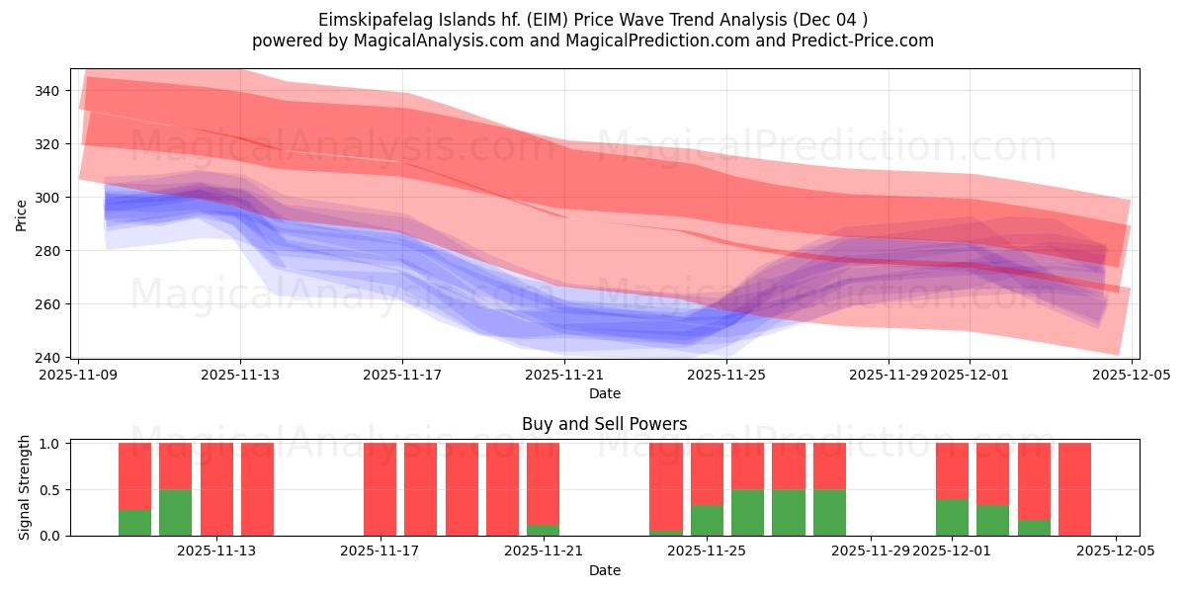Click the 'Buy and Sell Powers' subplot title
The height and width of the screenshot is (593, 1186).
[x=604, y=424]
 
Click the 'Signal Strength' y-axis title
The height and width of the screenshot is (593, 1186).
[x=25, y=487]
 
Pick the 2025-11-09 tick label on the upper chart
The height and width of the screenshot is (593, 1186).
[x=78, y=376]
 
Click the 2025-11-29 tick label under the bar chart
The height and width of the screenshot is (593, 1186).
[x=871, y=551]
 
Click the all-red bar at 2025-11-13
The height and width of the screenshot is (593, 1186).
[x=216, y=489]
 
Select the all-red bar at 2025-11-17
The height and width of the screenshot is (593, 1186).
[x=380, y=489]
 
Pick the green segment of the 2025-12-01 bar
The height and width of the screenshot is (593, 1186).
[x=952, y=518]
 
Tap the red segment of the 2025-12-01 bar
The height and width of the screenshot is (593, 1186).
[x=952, y=470]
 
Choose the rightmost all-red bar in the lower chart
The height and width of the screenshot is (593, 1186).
[x=1074, y=489]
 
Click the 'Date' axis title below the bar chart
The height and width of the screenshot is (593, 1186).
[x=604, y=570]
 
